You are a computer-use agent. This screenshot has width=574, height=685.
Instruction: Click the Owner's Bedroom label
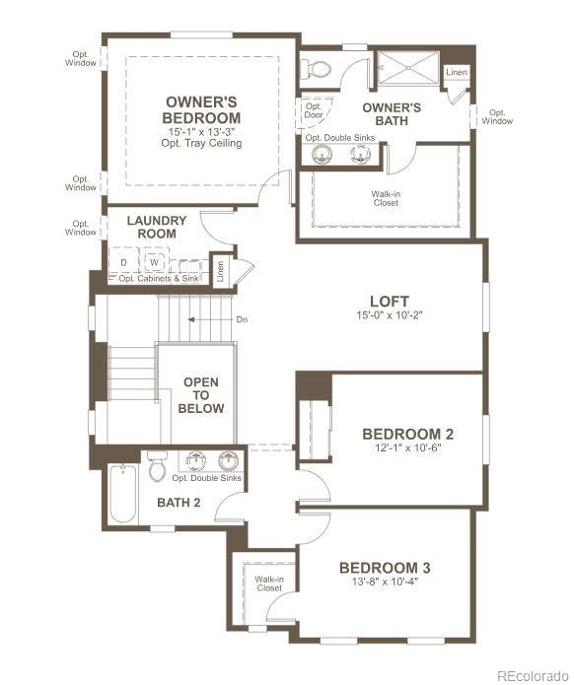click(x=202, y=109)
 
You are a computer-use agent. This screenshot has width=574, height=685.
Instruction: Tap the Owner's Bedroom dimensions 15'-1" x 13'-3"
click(x=201, y=131)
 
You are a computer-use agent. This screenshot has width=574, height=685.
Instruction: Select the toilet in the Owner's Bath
click(x=318, y=68)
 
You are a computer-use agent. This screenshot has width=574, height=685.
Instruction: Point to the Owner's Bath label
click(x=392, y=113)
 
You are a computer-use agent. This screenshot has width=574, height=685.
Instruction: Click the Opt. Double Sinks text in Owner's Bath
click(x=340, y=137)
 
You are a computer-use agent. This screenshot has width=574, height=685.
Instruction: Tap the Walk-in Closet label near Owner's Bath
click(x=386, y=198)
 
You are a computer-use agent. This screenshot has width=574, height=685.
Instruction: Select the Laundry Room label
click(x=151, y=227)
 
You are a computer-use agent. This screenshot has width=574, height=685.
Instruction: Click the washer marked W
click(x=154, y=261)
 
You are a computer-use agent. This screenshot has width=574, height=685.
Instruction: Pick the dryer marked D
click(x=123, y=261)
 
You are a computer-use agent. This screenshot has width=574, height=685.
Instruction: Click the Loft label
click(x=389, y=301)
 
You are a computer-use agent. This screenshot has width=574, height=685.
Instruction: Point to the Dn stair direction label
click(x=242, y=319)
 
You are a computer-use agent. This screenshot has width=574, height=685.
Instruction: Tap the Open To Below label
click(x=201, y=394)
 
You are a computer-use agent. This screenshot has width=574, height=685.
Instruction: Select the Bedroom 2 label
click(x=407, y=434)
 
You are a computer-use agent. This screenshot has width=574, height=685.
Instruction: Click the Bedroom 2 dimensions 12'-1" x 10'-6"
click(x=407, y=448)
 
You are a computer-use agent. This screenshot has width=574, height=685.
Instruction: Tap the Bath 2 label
click(x=179, y=503)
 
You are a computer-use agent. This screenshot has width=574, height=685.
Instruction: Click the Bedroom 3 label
click(x=385, y=568)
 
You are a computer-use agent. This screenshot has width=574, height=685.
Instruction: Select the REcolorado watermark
click(x=532, y=675)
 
